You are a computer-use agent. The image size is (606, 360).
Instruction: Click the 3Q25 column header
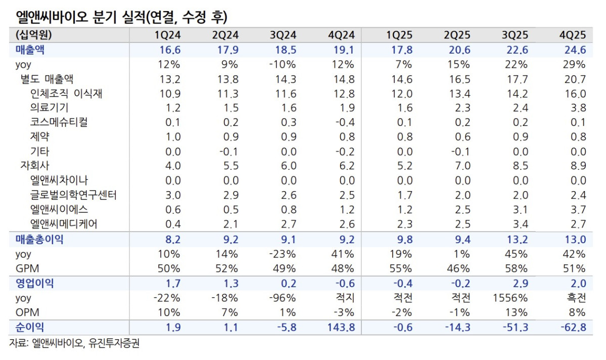tap(515, 35)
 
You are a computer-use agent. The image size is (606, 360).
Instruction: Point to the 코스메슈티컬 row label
tap(62, 122)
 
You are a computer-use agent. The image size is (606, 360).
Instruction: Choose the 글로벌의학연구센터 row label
tap(74, 195)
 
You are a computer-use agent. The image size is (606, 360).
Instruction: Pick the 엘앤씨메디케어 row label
tap(64, 224)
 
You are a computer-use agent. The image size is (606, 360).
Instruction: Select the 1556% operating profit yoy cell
tap(511, 298)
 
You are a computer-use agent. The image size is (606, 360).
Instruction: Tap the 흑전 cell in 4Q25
tap(575, 298)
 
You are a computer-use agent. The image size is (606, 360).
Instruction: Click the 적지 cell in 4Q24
tap(344, 298)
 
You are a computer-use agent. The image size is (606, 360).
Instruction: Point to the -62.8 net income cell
tap(573, 328)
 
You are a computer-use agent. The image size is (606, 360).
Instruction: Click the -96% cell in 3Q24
tap(283, 298)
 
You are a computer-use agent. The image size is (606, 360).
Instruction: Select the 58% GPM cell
tap(518, 268)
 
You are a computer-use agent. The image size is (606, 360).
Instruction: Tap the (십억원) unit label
tap(34, 35)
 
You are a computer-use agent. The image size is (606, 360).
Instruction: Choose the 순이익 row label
tap(29, 327)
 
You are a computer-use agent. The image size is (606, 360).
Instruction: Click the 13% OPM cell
tap(518, 312)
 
